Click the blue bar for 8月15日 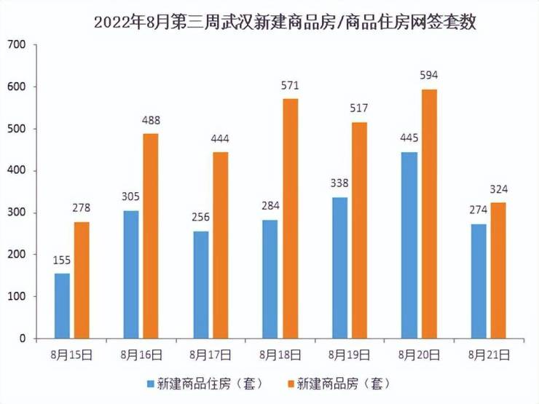tap(63, 306)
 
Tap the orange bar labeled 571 tap(290, 218)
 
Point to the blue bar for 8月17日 tap(200, 285)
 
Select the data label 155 tap(62, 260)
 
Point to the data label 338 tap(339, 183)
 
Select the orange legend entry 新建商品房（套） tap(342, 383)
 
